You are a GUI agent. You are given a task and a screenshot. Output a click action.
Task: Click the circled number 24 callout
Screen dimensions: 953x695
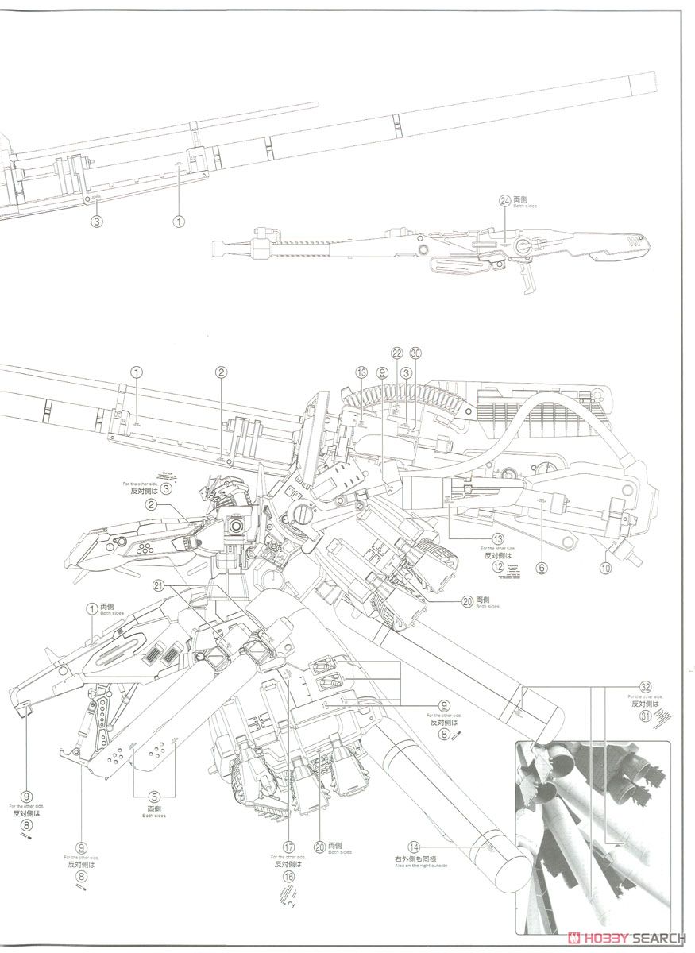504,201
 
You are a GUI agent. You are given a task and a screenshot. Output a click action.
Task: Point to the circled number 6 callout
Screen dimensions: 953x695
542,568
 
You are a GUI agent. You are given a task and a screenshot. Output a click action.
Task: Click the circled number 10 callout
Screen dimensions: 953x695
606,568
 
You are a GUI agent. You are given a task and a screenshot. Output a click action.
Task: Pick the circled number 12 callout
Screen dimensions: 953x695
498,567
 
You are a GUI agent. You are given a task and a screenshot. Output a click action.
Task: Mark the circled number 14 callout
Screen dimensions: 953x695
415,847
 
